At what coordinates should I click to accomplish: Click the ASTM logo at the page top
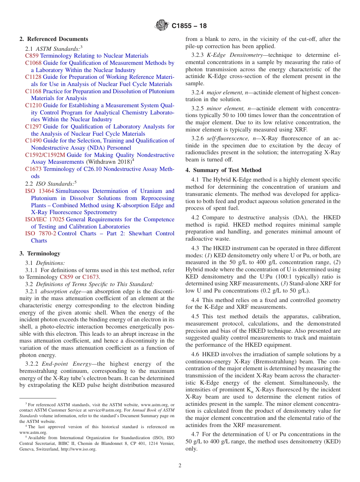coord(162,26)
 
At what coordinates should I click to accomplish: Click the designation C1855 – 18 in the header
coord(189,26)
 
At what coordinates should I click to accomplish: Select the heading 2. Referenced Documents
coord(54,39)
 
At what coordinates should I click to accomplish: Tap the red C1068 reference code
coord(33,63)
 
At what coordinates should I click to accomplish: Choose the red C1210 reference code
coord(33,105)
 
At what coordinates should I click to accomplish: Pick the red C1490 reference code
coord(33,141)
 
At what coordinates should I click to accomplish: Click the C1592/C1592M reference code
coord(45,155)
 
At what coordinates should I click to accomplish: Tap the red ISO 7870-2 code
coord(41,233)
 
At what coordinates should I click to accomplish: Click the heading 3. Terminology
coord(40,254)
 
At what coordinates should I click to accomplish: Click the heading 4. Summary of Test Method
coord(223,170)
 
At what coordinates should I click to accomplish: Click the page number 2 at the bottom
coord(180,466)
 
